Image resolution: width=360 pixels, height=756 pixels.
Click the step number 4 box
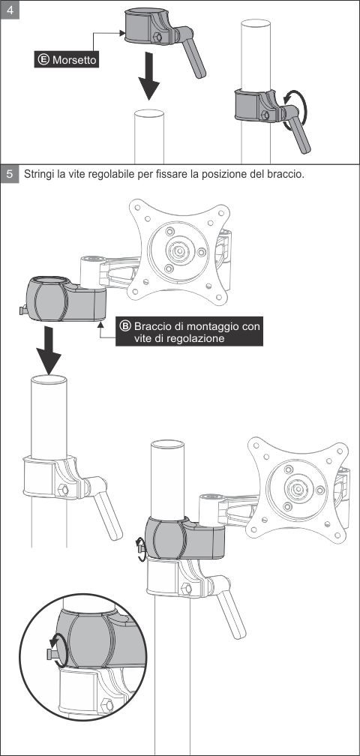(10, 10)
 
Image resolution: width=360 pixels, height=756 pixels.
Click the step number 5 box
(10, 173)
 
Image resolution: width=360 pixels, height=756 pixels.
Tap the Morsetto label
(67, 60)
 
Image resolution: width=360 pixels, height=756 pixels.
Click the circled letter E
(43, 60)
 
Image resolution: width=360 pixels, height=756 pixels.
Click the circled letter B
(124, 326)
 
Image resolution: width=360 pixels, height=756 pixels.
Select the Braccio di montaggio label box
(190, 331)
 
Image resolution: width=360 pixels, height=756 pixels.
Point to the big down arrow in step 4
(148, 76)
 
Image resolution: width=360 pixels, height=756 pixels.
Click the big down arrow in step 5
(49, 349)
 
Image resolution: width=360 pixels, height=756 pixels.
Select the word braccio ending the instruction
(285, 174)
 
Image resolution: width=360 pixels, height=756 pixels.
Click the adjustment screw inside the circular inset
(52, 655)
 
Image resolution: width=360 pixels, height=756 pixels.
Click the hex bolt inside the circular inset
(107, 705)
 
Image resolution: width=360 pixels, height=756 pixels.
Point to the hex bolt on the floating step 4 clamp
(156, 37)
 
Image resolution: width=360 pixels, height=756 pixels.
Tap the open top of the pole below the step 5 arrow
(49, 379)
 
